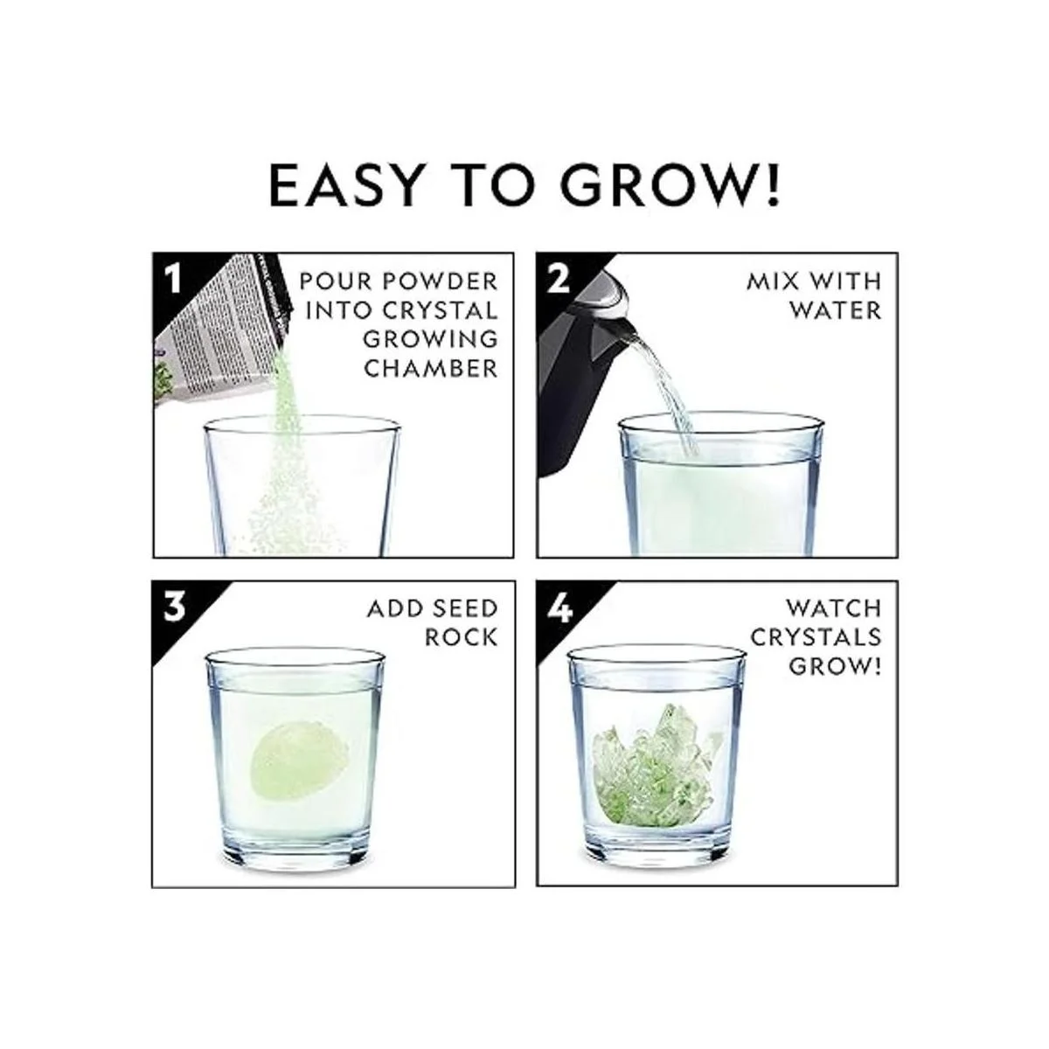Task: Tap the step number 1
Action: pyautogui.click(x=173, y=278)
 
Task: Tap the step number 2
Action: pyautogui.click(x=558, y=278)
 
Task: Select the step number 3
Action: pyautogui.click(x=175, y=607)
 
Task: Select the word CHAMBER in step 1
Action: pyautogui.click(x=431, y=369)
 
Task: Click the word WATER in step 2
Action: pyautogui.click(x=835, y=310)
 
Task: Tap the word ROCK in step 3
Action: pyautogui.click(x=461, y=637)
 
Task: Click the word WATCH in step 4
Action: pyautogui.click(x=833, y=608)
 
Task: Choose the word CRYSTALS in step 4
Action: pyautogui.click(x=816, y=637)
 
